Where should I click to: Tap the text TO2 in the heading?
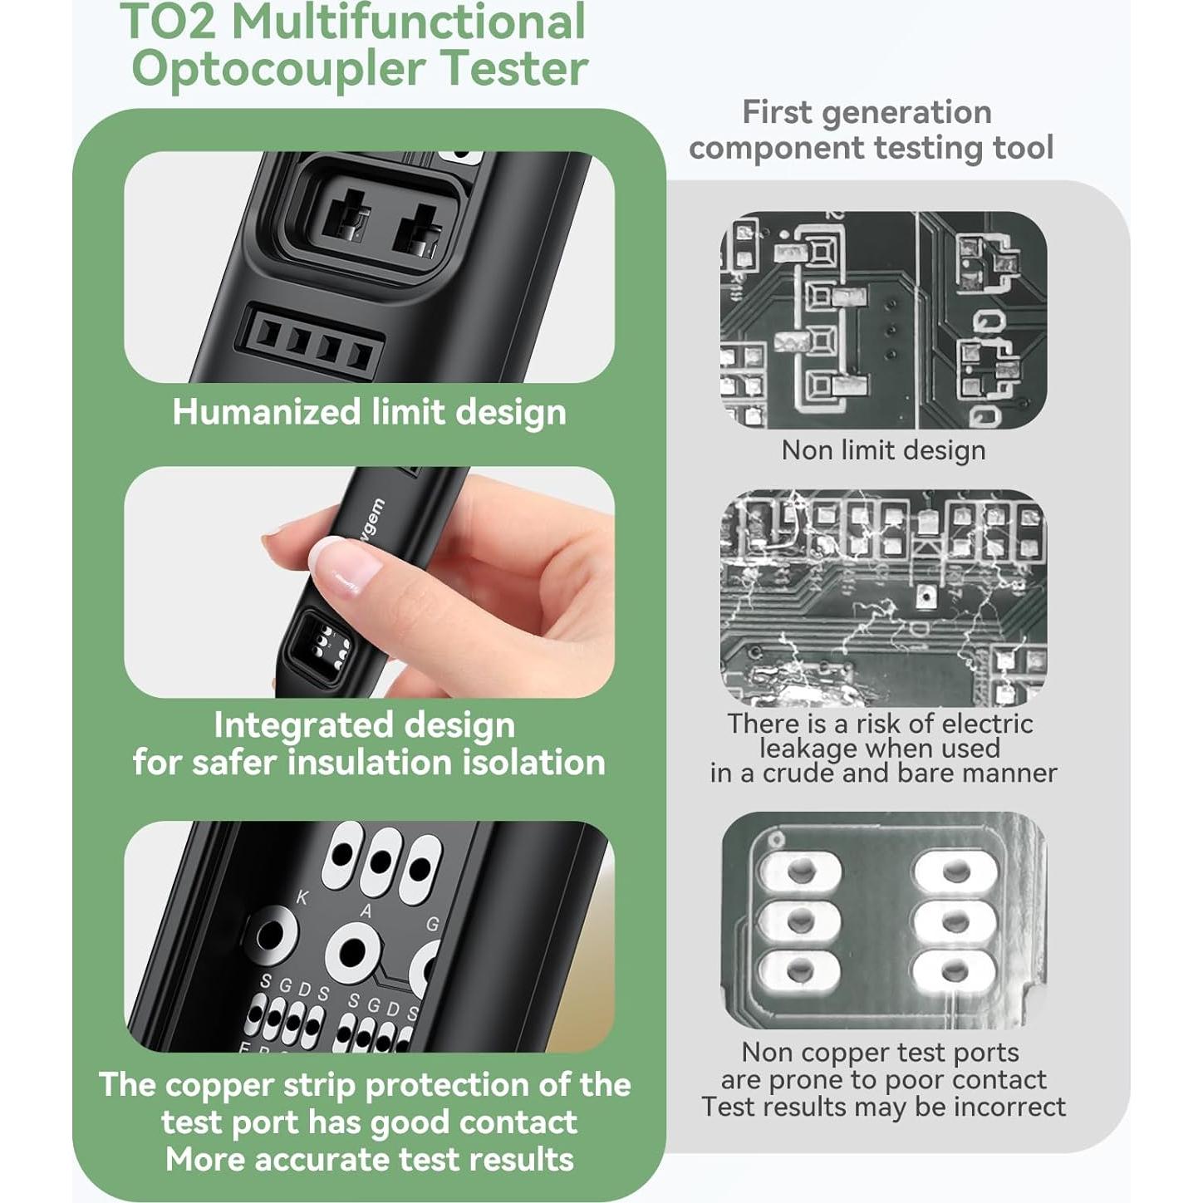pyautogui.click(x=169, y=22)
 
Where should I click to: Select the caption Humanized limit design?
pyautogui.click(x=369, y=412)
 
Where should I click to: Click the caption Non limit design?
pyautogui.click(x=883, y=450)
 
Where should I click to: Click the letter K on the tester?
pyautogui.click(x=302, y=898)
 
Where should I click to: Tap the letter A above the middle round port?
pyautogui.click(x=366, y=911)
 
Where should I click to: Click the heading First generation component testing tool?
pyautogui.click(x=870, y=130)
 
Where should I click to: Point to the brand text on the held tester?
pyautogui.click(x=371, y=518)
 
